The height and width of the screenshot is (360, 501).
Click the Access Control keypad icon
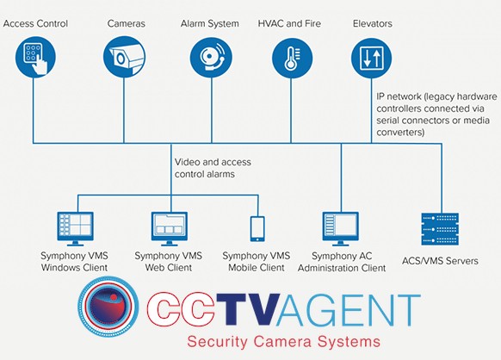[x=35, y=58]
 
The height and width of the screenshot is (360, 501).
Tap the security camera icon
[x=124, y=58]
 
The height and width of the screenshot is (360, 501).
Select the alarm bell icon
[x=211, y=58]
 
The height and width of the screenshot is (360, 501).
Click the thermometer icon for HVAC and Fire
[x=292, y=59]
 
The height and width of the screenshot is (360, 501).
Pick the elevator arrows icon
[x=371, y=59]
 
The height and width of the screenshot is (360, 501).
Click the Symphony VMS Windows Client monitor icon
[x=76, y=228]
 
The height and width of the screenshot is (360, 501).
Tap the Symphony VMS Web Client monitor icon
[x=170, y=228]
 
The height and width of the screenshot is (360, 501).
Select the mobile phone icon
[x=257, y=229]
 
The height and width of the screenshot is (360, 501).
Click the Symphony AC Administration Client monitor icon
[x=341, y=228]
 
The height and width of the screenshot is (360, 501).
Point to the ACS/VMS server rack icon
[x=440, y=229]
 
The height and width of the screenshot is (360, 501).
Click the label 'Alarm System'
[x=209, y=23]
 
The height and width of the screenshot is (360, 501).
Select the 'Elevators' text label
[x=373, y=23]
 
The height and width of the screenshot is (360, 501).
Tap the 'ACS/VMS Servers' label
[x=440, y=261]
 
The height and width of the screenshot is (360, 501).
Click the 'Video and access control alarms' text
[x=213, y=168]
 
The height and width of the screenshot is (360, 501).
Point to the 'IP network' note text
[x=436, y=115]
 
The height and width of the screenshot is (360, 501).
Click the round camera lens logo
[x=108, y=306]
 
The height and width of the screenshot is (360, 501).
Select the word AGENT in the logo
[x=349, y=310]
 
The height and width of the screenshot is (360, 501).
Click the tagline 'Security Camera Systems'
[x=284, y=341]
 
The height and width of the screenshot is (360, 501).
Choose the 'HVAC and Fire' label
[x=289, y=23]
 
